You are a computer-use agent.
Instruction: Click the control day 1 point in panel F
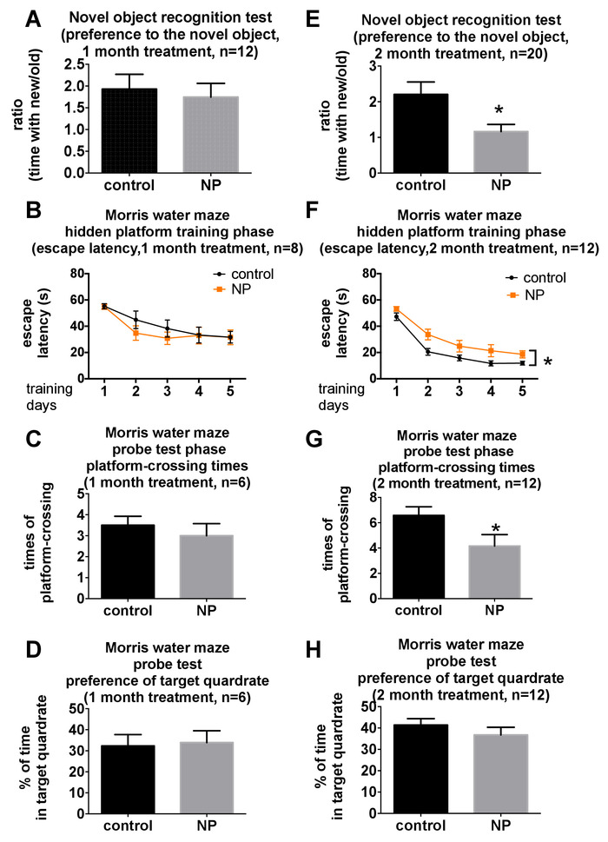[395, 292]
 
